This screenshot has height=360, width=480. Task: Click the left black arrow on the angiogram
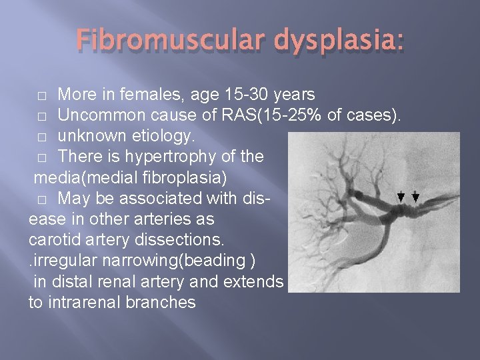(x=401, y=196)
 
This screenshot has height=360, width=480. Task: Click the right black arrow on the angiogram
(x=415, y=196)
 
